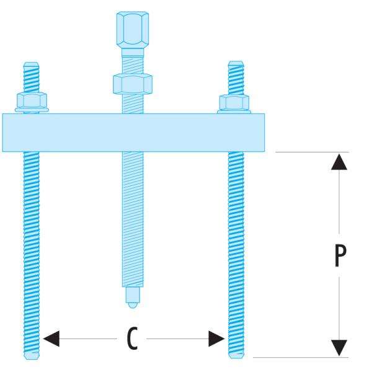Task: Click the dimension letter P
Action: [x=337, y=254]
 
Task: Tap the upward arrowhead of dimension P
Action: [x=337, y=161]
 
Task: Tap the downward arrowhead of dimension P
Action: [x=337, y=348]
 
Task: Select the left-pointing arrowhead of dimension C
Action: [x=53, y=339]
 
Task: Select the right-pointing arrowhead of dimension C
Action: [x=216, y=339]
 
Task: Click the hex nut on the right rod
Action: [x=234, y=102]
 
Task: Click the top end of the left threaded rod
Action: [x=31, y=65]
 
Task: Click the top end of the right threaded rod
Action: [x=235, y=64]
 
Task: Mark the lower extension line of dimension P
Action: [x=304, y=358]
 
